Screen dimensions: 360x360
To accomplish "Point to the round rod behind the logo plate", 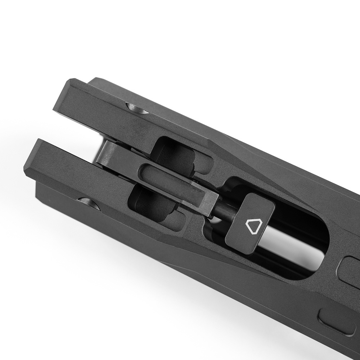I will pyautogui.click(x=223, y=212).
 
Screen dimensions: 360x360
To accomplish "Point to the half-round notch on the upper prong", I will pyautogui.click(x=137, y=108).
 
